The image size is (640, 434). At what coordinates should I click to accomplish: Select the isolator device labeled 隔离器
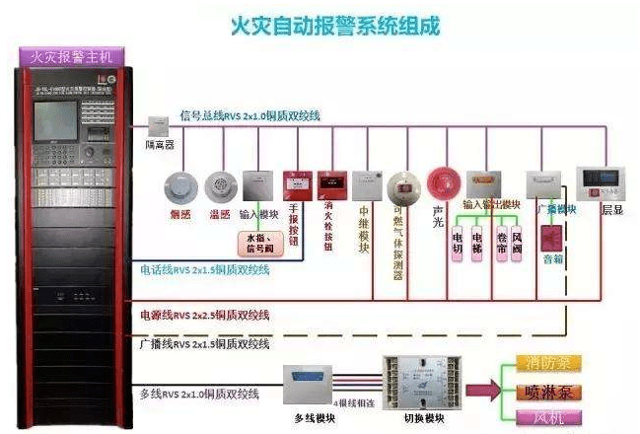[158, 125]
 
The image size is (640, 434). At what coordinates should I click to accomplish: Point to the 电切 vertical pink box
[458, 251]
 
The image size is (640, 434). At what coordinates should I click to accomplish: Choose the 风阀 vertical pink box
[516, 251]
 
